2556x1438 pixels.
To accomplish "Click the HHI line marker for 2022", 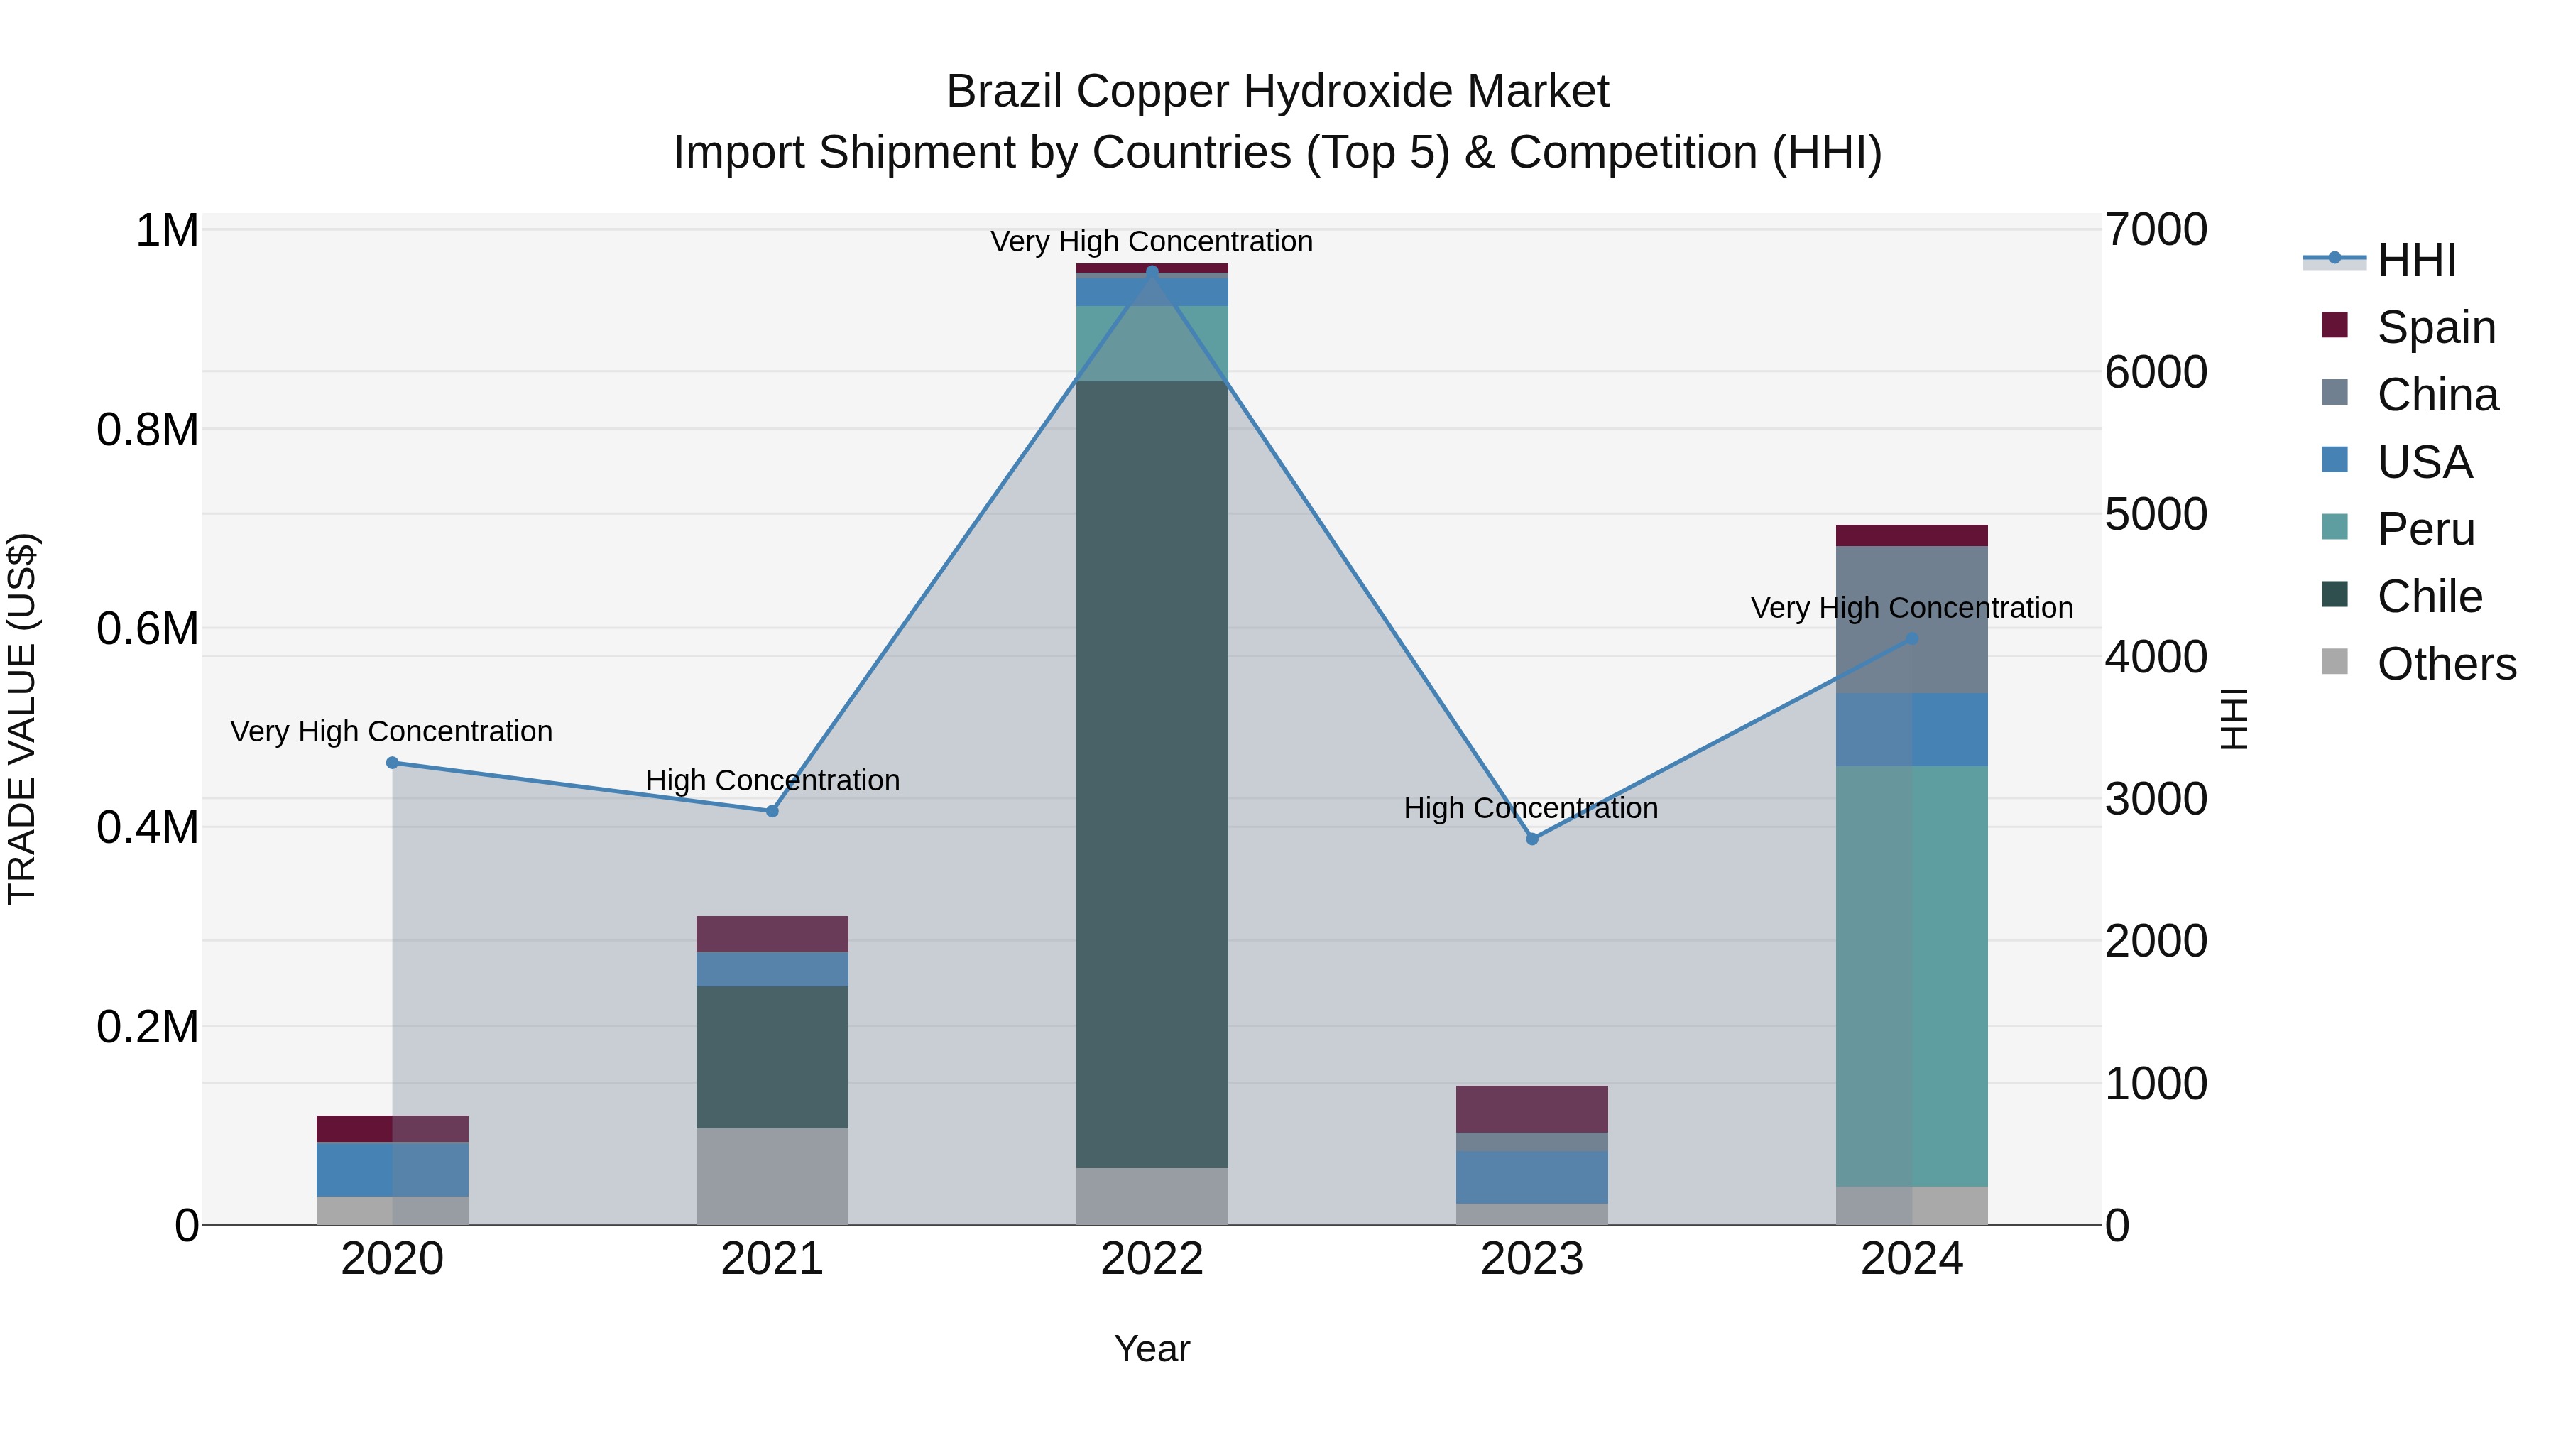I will click(x=1152, y=271).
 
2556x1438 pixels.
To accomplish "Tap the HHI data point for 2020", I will click(x=392, y=763).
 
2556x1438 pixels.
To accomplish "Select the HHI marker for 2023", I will click(x=1532, y=839).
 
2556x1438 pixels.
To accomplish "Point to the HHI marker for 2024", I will click(x=1913, y=639).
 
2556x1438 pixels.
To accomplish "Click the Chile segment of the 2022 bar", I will click(x=1152, y=774).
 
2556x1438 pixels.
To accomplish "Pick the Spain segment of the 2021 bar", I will click(x=772, y=934).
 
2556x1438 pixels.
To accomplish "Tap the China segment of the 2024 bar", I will click(x=1912, y=619).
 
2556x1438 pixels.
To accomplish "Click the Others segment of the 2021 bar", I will click(x=772, y=1176).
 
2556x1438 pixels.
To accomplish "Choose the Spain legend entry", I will click(x=2436, y=327).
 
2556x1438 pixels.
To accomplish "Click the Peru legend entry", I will click(x=2426, y=530).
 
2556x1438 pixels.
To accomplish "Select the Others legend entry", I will click(x=2446, y=664).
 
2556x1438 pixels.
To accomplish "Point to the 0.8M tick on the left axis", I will click(x=148, y=431).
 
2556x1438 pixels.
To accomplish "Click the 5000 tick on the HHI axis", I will click(x=2156, y=514).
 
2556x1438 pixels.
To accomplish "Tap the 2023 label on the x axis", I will click(x=1532, y=1259).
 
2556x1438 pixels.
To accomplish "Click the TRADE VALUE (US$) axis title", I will click(x=22, y=719).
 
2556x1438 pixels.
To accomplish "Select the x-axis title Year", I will click(x=1152, y=1349).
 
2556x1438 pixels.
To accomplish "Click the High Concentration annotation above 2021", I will click(x=772, y=781).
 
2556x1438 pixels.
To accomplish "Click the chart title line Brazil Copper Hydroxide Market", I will click(x=1277, y=92).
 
